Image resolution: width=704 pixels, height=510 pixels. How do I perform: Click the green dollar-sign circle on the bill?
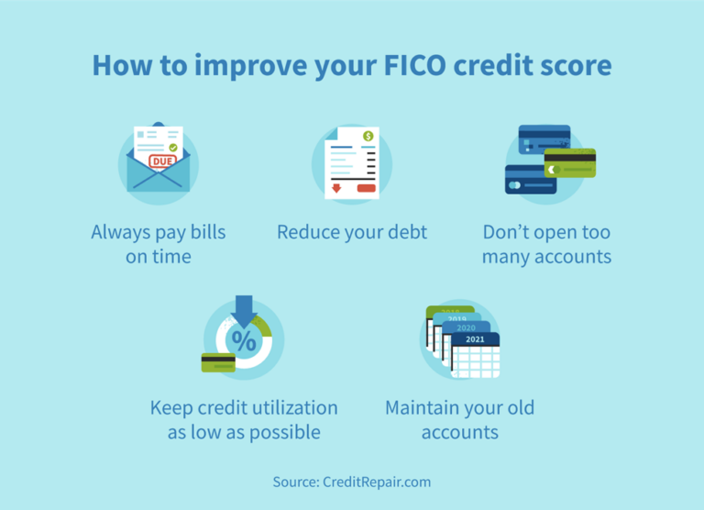368,137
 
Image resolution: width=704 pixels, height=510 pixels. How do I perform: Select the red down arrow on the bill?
335,188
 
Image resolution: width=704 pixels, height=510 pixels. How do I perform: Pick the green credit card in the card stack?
570,162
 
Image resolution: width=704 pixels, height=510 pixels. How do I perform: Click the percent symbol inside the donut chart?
244,342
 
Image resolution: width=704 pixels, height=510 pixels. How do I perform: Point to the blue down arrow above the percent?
244,310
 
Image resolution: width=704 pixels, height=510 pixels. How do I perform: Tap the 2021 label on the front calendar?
475,339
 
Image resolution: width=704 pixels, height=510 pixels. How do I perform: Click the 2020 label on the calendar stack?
467,327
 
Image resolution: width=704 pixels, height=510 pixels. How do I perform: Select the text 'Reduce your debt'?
352,232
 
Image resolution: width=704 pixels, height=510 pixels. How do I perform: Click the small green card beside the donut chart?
218,361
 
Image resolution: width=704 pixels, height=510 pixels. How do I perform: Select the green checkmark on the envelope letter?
171,147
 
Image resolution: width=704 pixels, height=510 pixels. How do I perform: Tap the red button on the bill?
367,188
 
